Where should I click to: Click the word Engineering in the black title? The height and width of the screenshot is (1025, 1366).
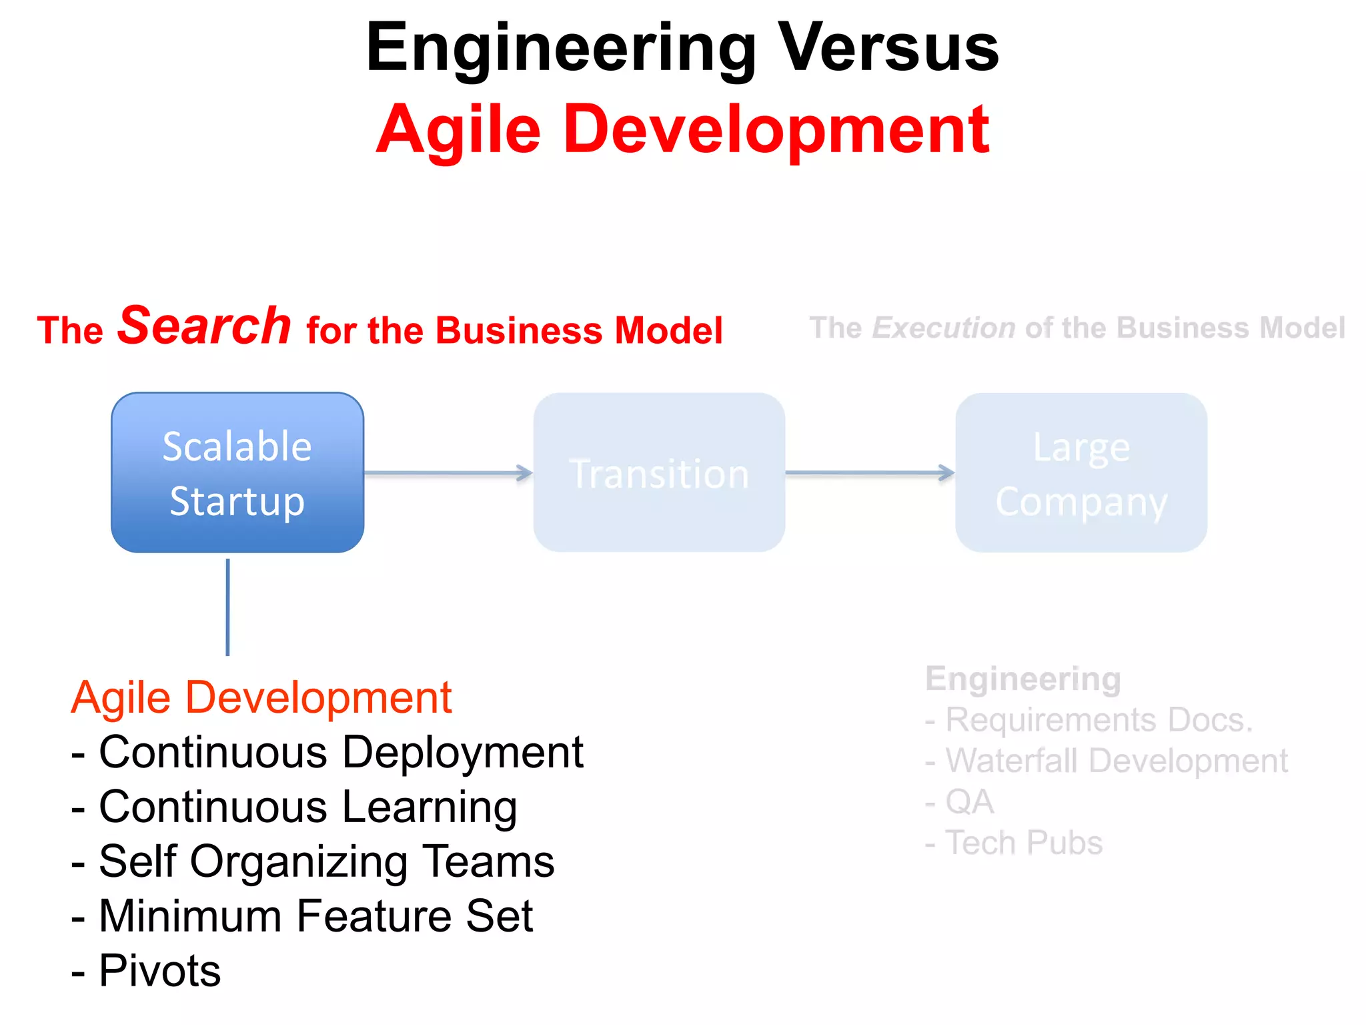coord(561,48)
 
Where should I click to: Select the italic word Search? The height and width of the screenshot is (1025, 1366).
coord(204,326)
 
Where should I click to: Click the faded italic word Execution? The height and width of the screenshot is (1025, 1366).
coord(944,328)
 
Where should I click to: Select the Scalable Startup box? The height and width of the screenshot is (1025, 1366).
coord(237,472)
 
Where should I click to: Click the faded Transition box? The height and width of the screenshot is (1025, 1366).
coord(659,472)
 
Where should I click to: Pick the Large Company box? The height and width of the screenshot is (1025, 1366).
coord(1081,472)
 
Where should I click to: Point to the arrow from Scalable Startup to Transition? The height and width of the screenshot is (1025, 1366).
coord(448,473)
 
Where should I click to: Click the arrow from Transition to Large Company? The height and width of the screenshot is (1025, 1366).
coord(870,472)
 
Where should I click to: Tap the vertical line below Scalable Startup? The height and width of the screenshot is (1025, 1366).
coord(228,607)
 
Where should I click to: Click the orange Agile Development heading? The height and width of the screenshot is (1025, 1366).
coord(261,698)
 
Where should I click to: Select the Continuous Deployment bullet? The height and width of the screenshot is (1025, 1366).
coord(327,753)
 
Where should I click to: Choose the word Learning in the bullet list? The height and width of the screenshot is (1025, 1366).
coord(430,807)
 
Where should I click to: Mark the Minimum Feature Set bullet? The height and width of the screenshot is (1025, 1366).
coord(302,916)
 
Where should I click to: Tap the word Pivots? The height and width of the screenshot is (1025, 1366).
coord(159,971)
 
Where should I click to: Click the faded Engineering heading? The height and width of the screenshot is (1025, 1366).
coord(1023,679)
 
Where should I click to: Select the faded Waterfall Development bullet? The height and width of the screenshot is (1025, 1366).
coord(1107,761)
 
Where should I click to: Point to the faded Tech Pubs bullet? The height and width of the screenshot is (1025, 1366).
coord(1014,843)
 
